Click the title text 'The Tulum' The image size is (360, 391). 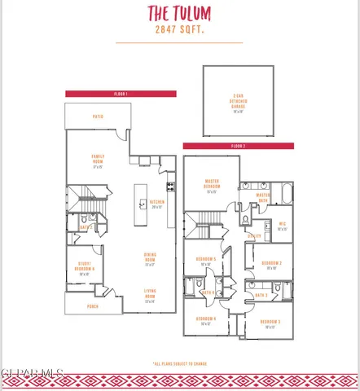[179, 13]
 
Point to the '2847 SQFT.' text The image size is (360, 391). [179, 29]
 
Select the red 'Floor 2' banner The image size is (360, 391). [238, 146]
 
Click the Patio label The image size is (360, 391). [98, 116]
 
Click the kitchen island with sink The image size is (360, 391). [141, 203]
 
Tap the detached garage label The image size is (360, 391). [239, 103]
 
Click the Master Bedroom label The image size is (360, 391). [213, 183]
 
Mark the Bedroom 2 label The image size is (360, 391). [271, 264]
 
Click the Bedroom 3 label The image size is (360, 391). [271, 323]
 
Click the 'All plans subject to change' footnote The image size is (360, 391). [179, 363]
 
